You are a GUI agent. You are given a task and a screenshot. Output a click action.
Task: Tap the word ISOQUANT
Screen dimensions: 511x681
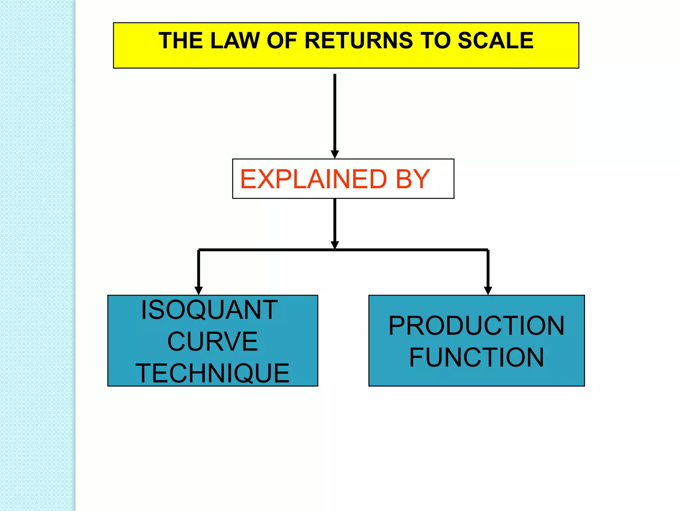click(x=209, y=310)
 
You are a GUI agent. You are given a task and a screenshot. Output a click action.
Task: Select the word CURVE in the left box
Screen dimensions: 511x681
click(x=212, y=341)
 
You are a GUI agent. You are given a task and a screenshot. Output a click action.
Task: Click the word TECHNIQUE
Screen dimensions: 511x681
click(x=212, y=373)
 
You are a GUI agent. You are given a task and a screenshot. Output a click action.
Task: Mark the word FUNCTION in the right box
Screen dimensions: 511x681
click(x=477, y=357)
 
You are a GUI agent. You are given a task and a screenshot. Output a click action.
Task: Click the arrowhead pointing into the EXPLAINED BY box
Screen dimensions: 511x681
click(x=335, y=154)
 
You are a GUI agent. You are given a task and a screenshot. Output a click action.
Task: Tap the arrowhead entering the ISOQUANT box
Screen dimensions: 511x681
click(x=199, y=290)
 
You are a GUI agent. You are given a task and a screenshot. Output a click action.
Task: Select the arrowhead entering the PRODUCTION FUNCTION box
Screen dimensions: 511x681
click(x=488, y=290)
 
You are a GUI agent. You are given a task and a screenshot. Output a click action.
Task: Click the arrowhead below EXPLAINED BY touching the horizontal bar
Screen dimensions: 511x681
click(x=335, y=245)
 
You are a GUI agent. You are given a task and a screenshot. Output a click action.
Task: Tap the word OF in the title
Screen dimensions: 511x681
click(x=282, y=41)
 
